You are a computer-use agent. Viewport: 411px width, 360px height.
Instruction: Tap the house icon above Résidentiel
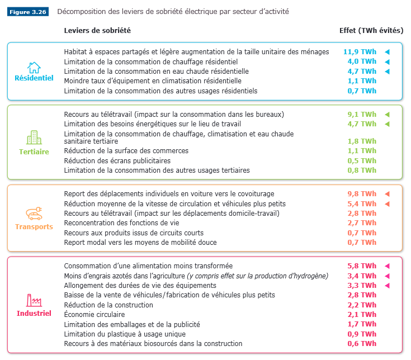tap(34, 68)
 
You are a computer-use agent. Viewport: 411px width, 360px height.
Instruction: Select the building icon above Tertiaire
tap(34, 138)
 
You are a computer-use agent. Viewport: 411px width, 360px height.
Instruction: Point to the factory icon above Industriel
tap(34, 300)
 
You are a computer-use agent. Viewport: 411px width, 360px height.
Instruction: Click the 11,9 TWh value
tap(360, 52)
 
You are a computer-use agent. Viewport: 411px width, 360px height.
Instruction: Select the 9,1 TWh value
tap(362, 114)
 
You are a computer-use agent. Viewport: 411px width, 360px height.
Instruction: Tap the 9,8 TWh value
tap(362, 194)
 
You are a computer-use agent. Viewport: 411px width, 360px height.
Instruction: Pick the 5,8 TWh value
tap(362, 266)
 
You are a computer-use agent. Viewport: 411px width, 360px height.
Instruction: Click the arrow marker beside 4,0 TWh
tap(386, 61)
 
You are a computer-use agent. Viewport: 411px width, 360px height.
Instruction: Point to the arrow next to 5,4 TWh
tap(386, 204)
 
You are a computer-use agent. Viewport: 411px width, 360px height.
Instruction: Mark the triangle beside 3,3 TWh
tap(386, 286)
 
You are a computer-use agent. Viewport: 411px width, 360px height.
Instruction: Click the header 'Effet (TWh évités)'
tap(371, 30)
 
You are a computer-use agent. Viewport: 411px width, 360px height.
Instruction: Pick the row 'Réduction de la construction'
tap(108, 305)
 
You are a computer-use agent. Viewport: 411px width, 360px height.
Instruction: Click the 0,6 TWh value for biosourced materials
tap(362, 344)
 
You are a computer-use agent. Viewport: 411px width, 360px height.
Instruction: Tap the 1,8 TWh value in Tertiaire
tap(362, 141)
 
